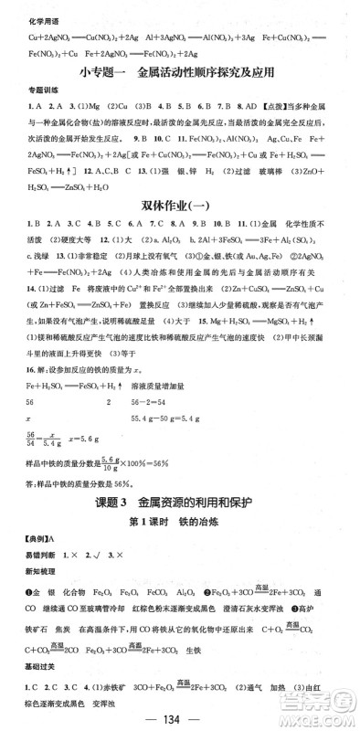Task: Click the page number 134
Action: coord(180,716)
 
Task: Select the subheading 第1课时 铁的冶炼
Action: coord(180,524)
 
